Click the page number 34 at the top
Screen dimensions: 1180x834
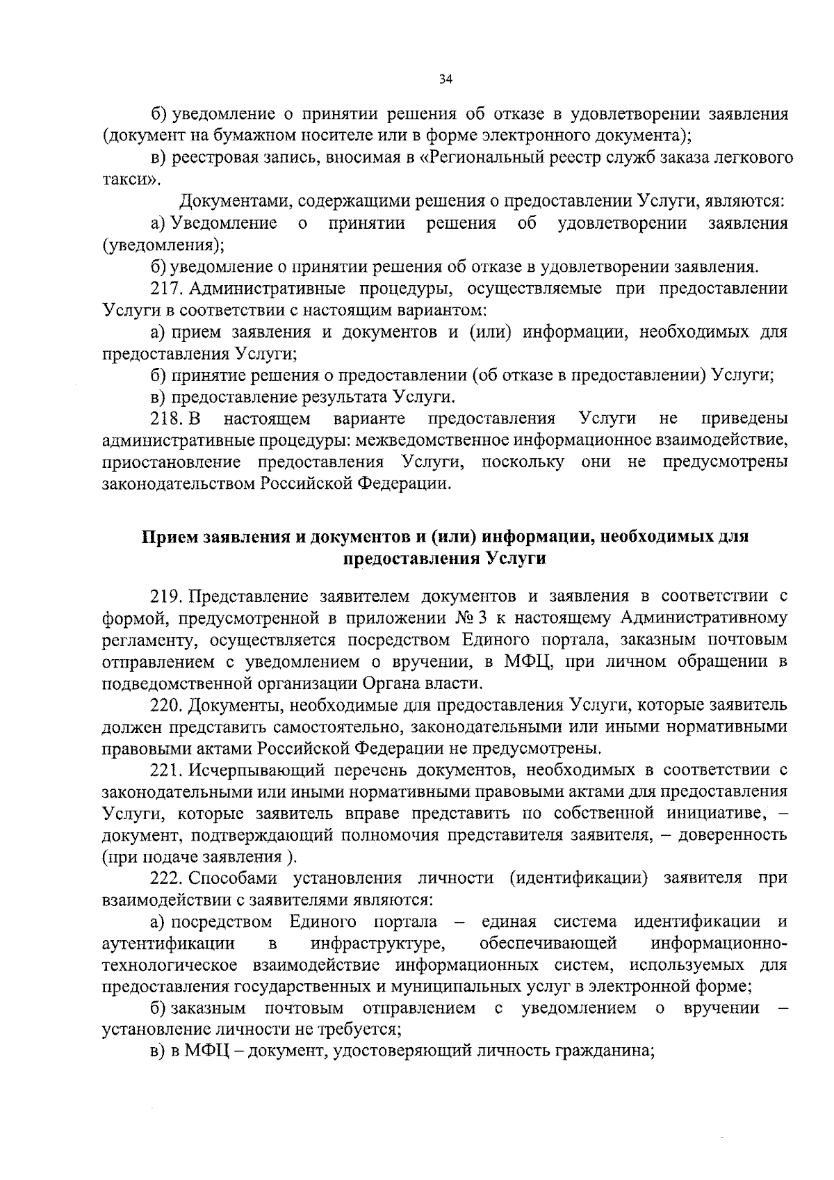(445, 79)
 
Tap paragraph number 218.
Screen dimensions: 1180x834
(165, 419)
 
